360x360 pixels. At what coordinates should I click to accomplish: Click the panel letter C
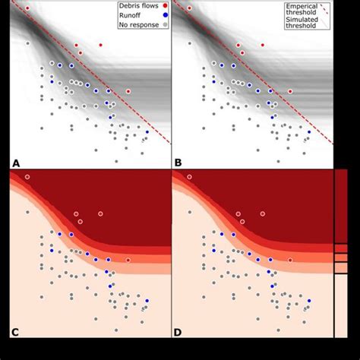click(15, 332)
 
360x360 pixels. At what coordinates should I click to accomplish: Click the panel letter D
click(178, 332)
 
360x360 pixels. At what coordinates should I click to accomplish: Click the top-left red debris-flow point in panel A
click(27, 8)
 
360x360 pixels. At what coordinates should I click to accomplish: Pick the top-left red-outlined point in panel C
click(27, 177)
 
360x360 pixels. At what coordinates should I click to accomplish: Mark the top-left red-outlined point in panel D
click(189, 177)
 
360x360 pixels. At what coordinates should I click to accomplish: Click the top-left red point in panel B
click(189, 8)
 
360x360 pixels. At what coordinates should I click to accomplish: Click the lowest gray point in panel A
click(116, 161)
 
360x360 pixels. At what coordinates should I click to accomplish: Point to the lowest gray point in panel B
click(279, 161)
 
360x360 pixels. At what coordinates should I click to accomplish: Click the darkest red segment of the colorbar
click(341, 205)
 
